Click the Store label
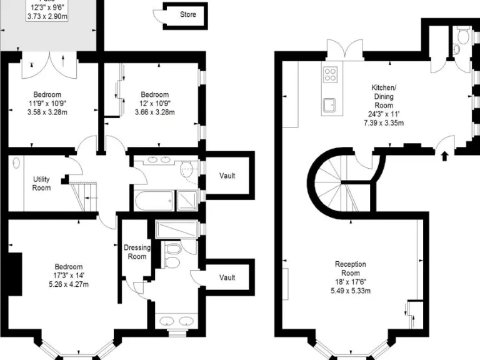click(x=187, y=14)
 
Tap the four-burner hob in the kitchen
click(x=330, y=75)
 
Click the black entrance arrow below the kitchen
click(x=444, y=154)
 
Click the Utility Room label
click(x=41, y=184)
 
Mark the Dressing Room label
click(x=136, y=252)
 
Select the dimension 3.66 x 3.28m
click(x=154, y=112)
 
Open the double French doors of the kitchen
click(x=344, y=50)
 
